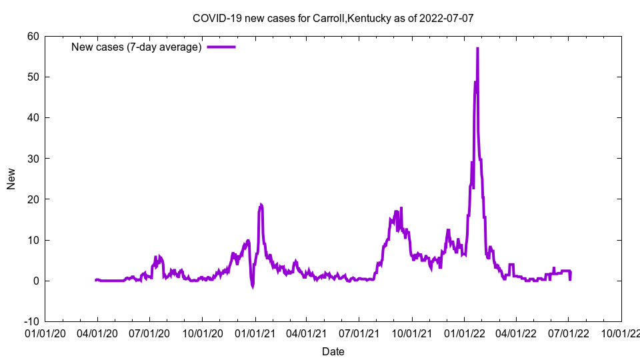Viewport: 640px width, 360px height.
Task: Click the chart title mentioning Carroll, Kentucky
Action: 333,18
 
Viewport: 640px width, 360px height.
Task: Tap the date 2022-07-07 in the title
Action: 447,18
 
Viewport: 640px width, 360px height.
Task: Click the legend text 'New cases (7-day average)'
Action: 136,47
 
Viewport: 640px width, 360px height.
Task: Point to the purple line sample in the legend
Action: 221,47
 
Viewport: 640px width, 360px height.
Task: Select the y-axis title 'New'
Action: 11,179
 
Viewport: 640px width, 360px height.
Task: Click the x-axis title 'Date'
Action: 333,351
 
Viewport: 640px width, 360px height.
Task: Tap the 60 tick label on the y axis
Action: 33,36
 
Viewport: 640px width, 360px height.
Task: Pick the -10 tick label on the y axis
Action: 31,321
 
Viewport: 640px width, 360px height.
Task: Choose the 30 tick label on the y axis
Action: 33,159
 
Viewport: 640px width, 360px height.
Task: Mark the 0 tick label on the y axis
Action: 35,281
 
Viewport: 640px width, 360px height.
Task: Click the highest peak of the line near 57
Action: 477,49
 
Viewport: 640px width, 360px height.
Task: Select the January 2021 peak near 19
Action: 261,205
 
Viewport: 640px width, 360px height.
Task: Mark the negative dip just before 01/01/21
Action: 253,287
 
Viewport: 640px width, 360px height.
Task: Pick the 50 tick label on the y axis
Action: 33,77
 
